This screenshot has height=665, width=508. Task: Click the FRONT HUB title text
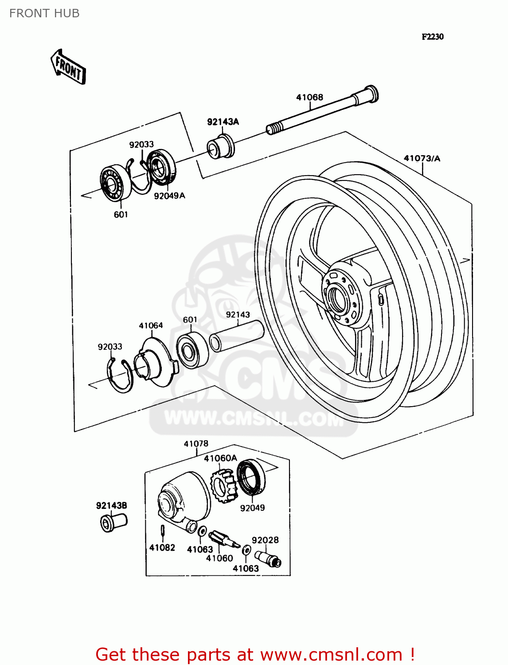coord(44,13)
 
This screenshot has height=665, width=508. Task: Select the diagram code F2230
coord(432,37)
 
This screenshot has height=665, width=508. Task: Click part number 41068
coord(309,97)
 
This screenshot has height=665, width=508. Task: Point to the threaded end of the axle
coord(274,128)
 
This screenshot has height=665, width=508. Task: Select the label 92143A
coord(223,121)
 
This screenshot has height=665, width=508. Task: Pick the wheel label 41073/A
coord(422,158)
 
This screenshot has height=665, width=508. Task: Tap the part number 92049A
coord(169,196)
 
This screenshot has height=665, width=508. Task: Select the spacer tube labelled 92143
coord(237,336)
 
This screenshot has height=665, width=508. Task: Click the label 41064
coord(151,325)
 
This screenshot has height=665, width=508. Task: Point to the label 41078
coord(196,443)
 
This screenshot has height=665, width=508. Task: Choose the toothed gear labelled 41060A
coord(224,485)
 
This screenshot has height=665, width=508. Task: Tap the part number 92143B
coord(111,505)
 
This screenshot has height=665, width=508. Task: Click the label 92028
coord(265,540)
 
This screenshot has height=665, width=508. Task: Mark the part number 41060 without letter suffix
coord(219,558)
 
